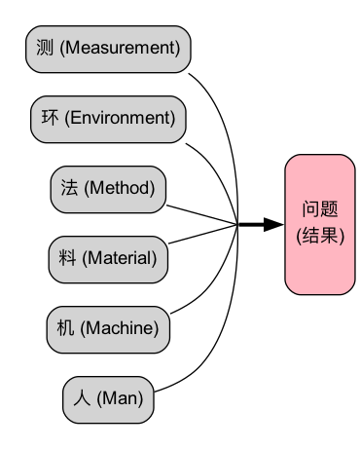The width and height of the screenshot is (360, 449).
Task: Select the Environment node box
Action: (x=108, y=119)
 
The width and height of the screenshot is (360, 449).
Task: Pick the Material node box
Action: (x=108, y=259)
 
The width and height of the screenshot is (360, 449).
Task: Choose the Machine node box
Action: (x=108, y=329)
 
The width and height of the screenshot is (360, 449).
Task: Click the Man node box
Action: (x=108, y=399)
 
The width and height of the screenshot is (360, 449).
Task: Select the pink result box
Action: (x=319, y=224)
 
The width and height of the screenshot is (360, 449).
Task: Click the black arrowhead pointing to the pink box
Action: (x=274, y=225)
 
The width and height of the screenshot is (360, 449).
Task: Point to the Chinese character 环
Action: (x=50, y=119)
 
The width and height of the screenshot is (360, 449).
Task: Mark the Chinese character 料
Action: (x=67, y=259)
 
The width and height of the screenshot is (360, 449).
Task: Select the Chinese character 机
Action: (x=65, y=329)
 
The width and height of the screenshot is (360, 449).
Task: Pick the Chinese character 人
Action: (x=83, y=399)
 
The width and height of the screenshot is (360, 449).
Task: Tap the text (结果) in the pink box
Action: (x=319, y=236)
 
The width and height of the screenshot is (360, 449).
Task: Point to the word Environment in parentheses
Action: (x=121, y=119)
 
